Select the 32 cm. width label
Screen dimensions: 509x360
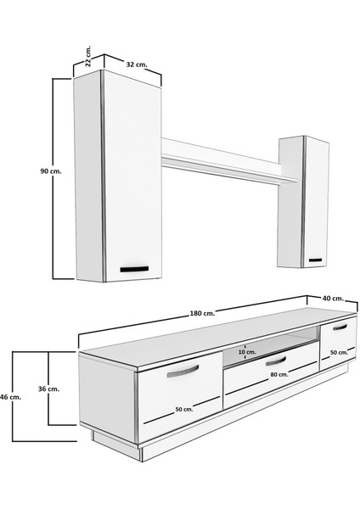point(136,64)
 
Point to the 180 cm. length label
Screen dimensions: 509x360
point(202,313)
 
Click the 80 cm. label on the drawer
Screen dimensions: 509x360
point(276,376)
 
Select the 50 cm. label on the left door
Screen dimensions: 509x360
point(183,409)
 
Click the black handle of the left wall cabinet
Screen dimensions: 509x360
point(133,269)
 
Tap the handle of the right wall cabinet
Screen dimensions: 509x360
point(317,260)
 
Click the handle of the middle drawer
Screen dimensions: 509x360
point(277,362)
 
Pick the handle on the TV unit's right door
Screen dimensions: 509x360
point(340,327)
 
